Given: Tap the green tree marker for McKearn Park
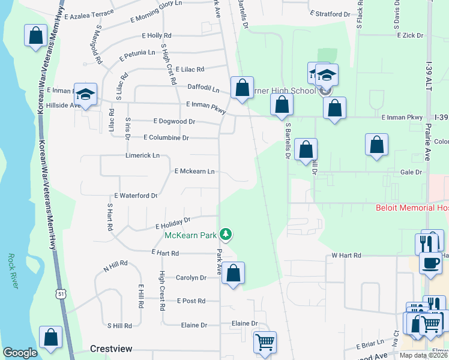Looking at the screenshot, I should [226, 233].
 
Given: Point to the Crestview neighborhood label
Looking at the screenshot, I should [110, 349].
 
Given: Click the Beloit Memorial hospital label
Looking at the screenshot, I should [412, 208].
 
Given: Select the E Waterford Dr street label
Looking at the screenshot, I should [136, 196].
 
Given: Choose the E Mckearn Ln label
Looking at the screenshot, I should [194, 172].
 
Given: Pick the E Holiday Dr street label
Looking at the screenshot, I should [173, 224].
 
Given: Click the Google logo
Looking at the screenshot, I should [20, 353].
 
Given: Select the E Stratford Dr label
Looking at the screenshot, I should [330, 13].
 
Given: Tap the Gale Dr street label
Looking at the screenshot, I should [411, 172].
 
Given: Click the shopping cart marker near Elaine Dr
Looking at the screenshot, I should [264, 342].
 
